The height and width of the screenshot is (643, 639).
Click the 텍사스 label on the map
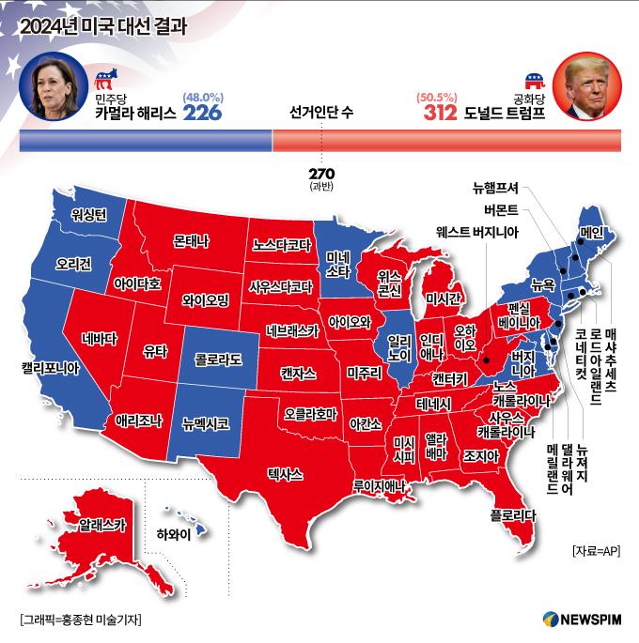(285, 474)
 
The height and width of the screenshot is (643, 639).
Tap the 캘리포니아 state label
(37, 368)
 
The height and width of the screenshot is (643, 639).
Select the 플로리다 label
(513, 514)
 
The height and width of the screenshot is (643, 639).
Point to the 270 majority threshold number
(321, 174)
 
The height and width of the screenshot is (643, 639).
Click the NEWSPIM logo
(582, 620)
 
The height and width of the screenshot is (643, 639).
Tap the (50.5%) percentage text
(435, 96)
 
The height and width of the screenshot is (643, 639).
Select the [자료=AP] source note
(596, 551)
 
